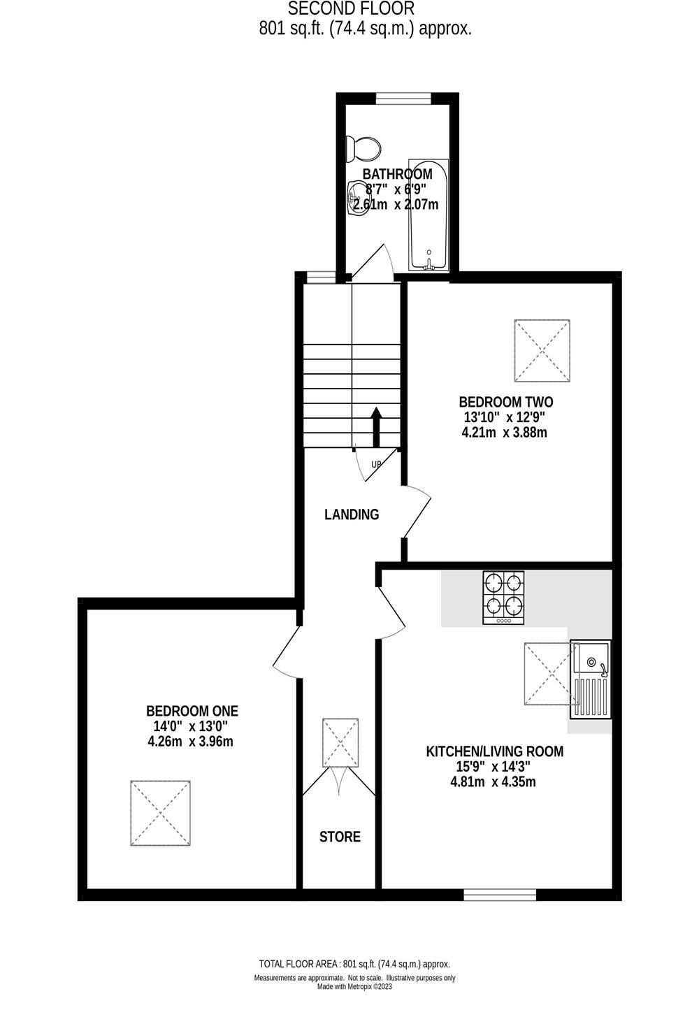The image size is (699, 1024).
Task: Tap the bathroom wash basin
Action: tap(358, 198)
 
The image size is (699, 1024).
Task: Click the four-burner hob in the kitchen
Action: tap(503, 598)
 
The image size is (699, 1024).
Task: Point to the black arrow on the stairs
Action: tap(376, 426)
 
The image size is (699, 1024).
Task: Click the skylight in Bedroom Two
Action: tap(542, 351)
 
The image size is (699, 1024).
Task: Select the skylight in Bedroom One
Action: tap(160, 814)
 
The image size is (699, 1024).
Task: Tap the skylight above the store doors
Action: tap(340, 742)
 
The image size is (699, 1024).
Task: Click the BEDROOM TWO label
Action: tap(505, 402)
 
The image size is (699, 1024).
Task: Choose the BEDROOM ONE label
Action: tap(192, 711)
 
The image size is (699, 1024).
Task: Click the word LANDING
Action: tap(352, 514)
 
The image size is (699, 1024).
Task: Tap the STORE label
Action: tap(340, 837)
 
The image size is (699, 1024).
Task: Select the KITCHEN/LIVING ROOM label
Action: tap(494, 751)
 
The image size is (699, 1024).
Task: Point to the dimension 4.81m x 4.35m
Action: tap(493, 781)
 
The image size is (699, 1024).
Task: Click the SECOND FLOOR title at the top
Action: tap(352, 9)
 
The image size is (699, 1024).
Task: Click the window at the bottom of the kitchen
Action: tap(500, 894)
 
